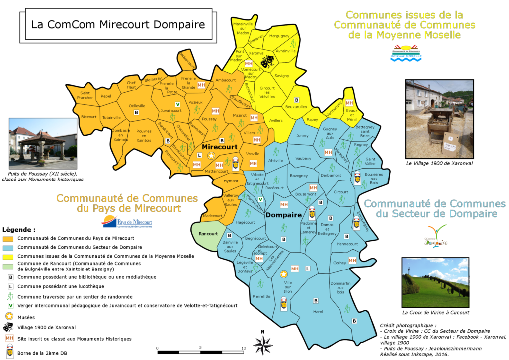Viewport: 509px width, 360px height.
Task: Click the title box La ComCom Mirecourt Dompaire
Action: coord(118,24)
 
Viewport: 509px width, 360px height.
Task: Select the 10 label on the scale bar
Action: coord(243,348)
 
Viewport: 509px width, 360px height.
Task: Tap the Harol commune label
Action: coord(318,312)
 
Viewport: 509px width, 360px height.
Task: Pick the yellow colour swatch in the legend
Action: coord(8,256)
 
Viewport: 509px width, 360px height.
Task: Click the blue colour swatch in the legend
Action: coord(8,247)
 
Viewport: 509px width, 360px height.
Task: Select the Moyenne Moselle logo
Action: coord(407,52)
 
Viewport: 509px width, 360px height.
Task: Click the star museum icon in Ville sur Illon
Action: coord(284,274)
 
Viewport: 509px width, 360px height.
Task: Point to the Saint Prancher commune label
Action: coord(85,95)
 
